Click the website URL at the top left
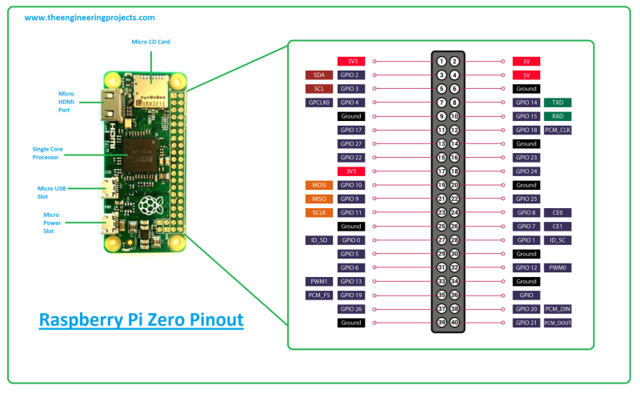point(89,17)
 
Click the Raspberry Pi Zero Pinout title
point(142,320)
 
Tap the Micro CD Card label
point(150,41)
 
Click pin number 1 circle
point(441,61)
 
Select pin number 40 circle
point(454,323)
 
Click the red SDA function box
point(318,74)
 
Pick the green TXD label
point(557,103)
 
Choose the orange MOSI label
point(318,185)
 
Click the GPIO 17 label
point(351,130)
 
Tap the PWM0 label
point(557,267)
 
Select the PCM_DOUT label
point(558,323)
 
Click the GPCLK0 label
point(318,103)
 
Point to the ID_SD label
point(318,240)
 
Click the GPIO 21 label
point(526,323)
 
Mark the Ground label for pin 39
point(351,323)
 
